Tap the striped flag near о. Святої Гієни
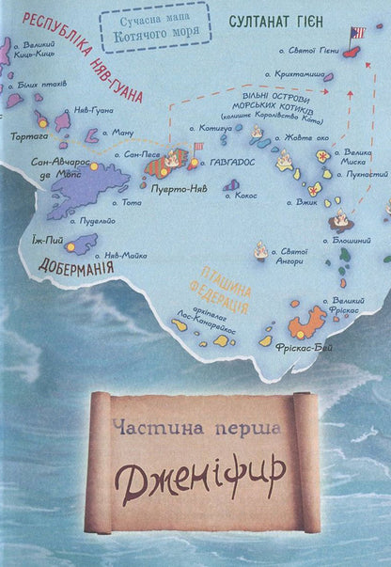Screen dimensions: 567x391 [x=356, y=34]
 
